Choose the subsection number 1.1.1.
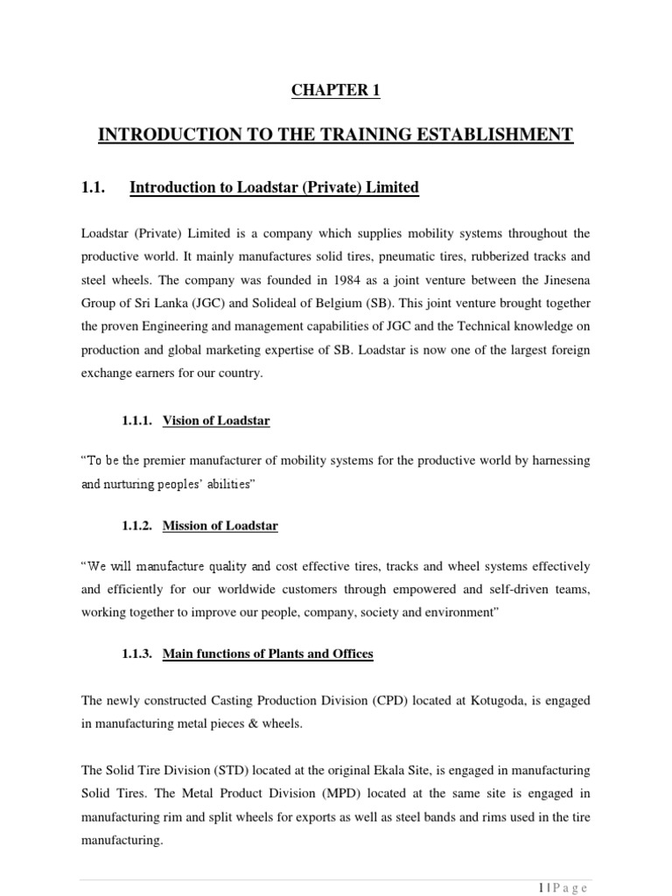pyautogui.click(x=138, y=421)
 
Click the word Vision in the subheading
pyautogui.click(x=181, y=421)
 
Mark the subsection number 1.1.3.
pyautogui.click(x=138, y=653)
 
